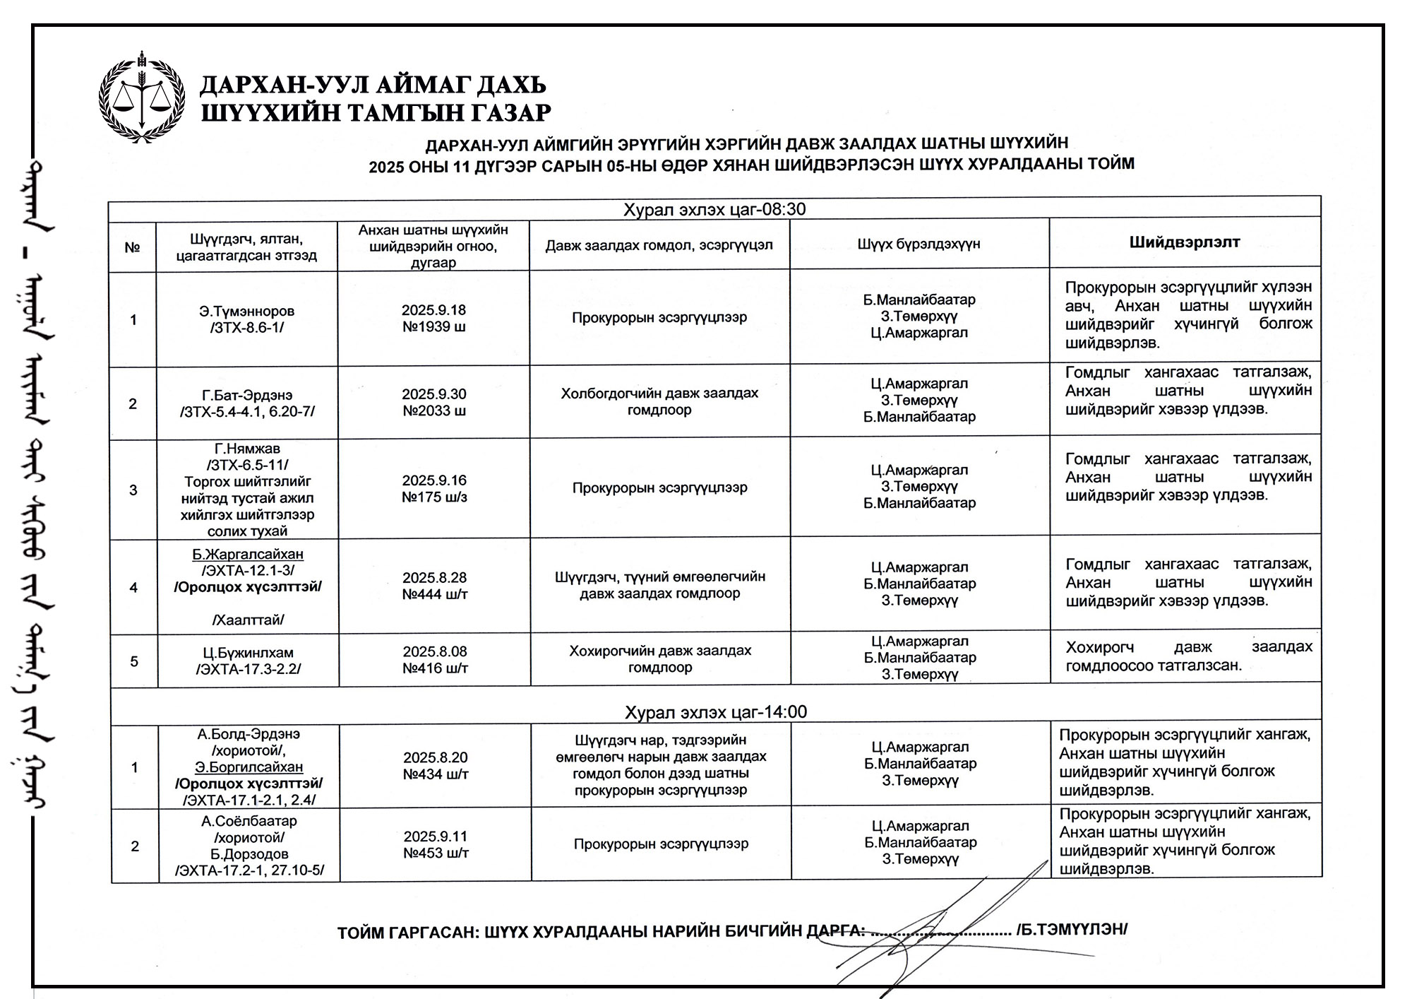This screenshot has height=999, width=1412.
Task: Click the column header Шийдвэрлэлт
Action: pos(1184,242)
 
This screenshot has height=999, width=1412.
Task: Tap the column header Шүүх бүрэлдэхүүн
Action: pos(919,244)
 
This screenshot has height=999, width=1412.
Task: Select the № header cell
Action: pos(132,247)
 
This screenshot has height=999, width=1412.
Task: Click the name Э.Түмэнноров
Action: pos(246,311)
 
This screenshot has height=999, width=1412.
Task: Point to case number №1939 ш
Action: pos(434,327)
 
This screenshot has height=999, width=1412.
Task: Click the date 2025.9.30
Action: pos(434,394)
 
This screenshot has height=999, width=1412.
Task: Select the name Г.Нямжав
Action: pos(247,449)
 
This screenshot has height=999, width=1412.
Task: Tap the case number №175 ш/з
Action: pos(434,497)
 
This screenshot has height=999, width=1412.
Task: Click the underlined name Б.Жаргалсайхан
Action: pos(248,554)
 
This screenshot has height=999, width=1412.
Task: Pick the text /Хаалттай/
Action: pos(248,620)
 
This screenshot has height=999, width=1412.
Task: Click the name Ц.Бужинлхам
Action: pos(248,653)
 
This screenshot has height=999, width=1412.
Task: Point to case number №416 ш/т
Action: pos(435,668)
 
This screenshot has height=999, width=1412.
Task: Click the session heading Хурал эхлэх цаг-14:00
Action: pos(715,711)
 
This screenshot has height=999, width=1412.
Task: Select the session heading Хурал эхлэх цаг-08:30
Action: pos(714,209)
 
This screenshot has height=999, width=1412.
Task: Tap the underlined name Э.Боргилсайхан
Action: pos(249,767)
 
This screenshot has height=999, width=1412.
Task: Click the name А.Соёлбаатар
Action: pos(249,821)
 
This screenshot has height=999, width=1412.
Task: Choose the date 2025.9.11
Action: pos(436,837)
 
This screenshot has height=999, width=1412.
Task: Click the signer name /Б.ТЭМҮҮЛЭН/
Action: pos(1071,929)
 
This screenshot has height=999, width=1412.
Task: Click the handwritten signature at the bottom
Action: pos(946,926)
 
